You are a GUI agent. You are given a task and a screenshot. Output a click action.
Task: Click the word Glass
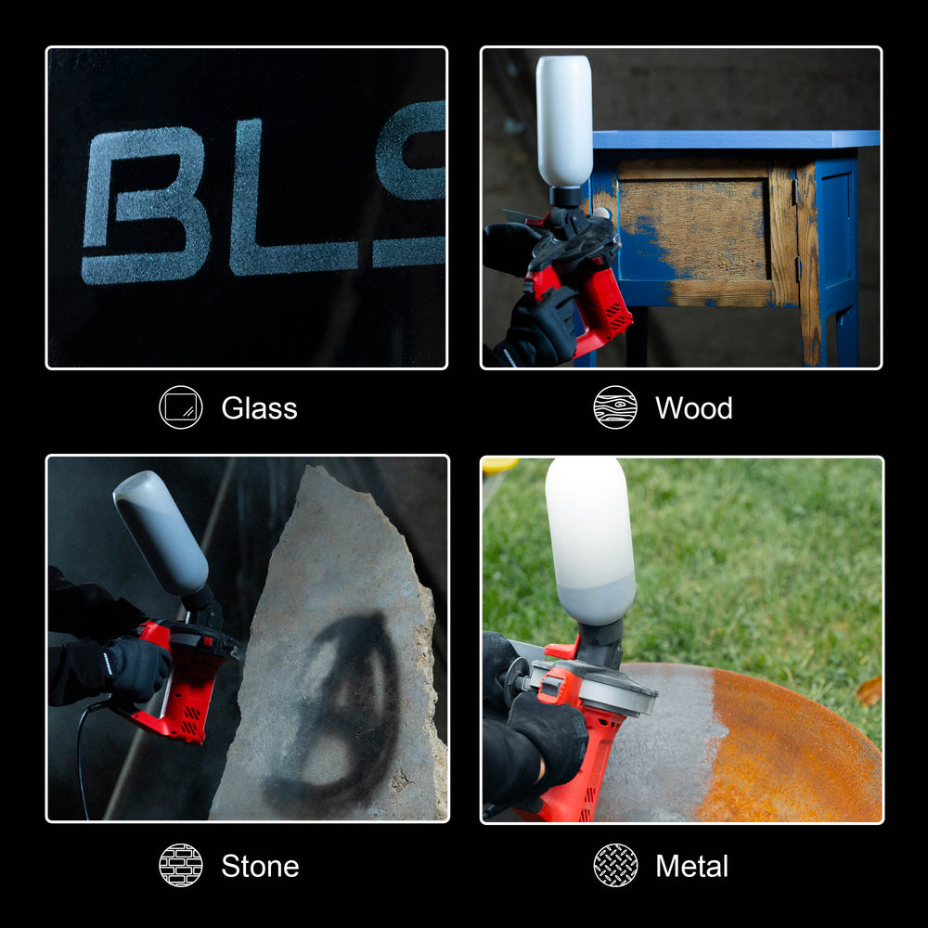[259, 408]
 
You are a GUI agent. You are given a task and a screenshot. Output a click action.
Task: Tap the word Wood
[693, 408]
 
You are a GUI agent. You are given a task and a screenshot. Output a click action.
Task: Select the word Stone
[260, 867]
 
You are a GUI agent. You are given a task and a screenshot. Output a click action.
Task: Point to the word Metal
[691, 867]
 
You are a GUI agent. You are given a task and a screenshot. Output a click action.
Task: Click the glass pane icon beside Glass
[180, 407]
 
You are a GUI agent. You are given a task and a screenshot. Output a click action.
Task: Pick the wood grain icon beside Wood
[615, 407]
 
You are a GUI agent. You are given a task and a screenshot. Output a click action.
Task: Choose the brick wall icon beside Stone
[180, 866]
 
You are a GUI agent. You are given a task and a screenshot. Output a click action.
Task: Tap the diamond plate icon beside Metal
[615, 866]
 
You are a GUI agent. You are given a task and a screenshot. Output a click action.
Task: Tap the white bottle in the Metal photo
[589, 538]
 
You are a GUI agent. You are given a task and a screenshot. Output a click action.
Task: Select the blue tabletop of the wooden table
[733, 139]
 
